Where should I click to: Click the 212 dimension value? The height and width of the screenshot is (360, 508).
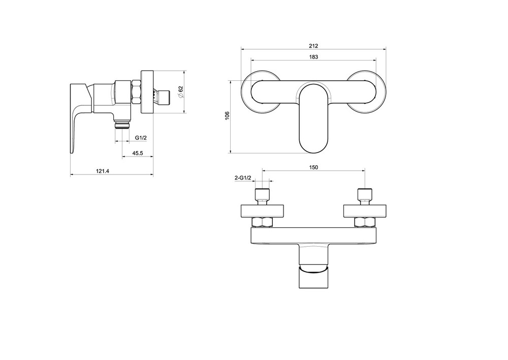pyautogui.click(x=313, y=46)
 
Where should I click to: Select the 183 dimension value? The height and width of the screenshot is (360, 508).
pyautogui.click(x=313, y=57)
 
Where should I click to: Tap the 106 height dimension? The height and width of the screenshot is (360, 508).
pyautogui.click(x=227, y=116)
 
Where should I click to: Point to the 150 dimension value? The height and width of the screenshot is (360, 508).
pyautogui.click(x=313, y=167)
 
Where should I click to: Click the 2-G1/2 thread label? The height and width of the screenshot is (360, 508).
pyautogui.click(x=243, y=177)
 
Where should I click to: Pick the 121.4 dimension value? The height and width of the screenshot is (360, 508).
pyautogui.click(x=103, y=171)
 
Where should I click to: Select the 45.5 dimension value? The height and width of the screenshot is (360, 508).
pyautogui.click(x=137, y=153)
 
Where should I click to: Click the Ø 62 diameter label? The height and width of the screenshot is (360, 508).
pyautogui.click(x=181, y=92)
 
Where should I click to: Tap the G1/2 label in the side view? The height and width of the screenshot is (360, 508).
pyautogui.click(x=141, y=137)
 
